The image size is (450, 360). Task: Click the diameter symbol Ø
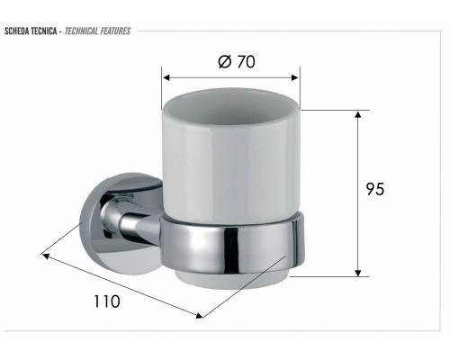pos(225,61)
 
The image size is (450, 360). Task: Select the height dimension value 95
pos(376,189)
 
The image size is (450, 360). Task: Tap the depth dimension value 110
pos(107,301)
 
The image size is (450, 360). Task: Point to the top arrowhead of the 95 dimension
pos(358,115)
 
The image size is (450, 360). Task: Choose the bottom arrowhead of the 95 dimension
pos(358,272)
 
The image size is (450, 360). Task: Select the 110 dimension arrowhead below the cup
pos(197,315)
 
